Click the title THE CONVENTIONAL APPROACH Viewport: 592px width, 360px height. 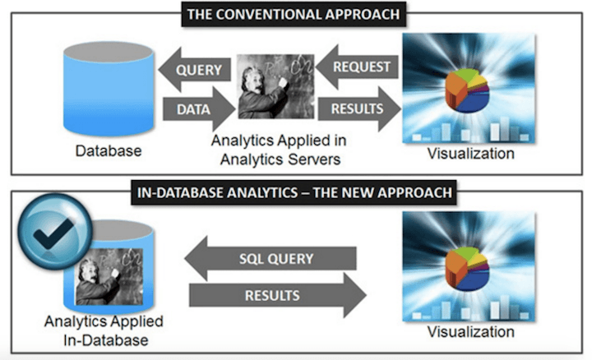pyautogui.click(x=297, y=14)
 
